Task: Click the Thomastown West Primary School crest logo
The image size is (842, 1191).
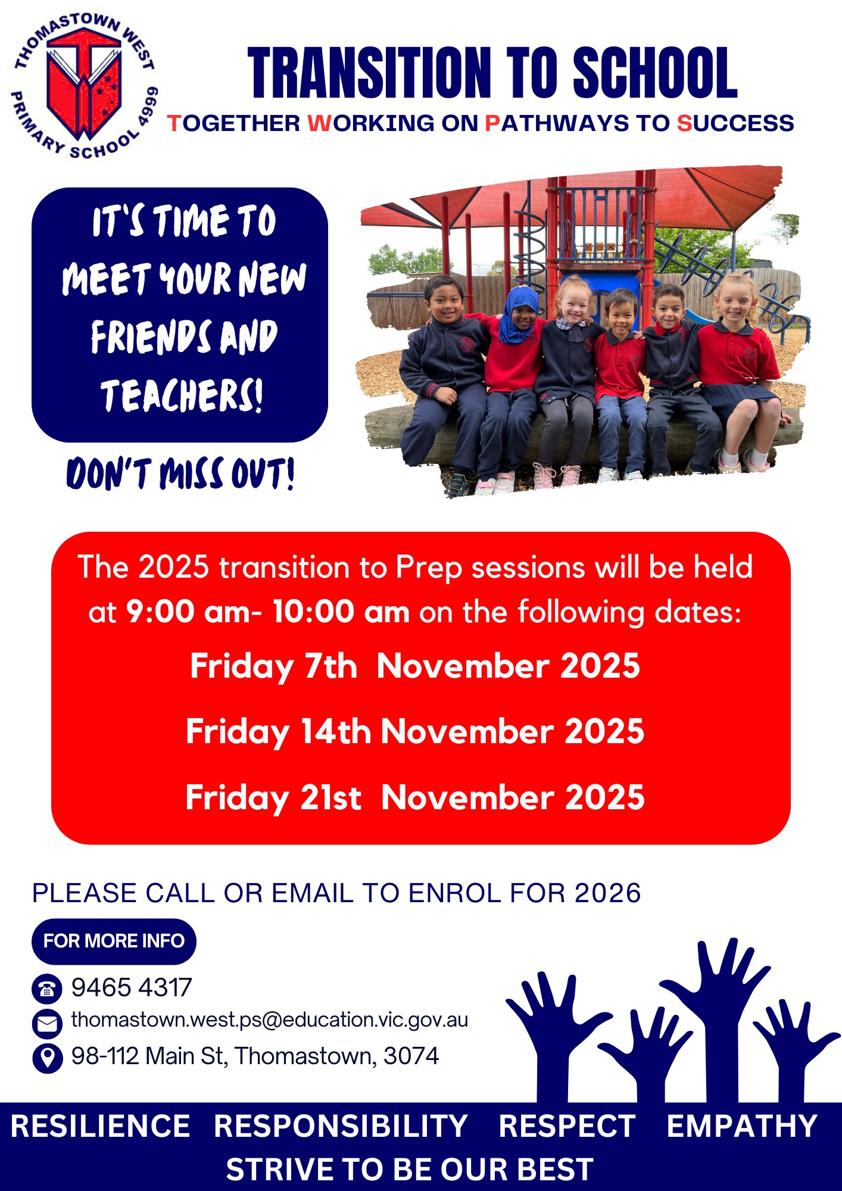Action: [86, 85]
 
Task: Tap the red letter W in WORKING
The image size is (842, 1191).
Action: [319, 123]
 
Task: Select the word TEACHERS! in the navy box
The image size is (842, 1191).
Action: [181, 395]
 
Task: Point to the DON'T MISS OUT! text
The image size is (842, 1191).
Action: [180, 474]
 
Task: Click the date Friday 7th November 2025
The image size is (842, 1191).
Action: [415, 666]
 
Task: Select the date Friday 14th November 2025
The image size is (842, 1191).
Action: [415, 731]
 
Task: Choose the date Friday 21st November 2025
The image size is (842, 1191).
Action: [415, 797]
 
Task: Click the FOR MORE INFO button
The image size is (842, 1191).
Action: [114, 941]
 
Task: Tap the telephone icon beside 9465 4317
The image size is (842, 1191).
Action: [47, 989]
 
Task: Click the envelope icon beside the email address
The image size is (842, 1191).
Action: [47, 1024]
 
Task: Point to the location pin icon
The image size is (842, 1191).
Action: [47, 1058]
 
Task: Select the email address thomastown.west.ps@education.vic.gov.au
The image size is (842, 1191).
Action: [270, 1020]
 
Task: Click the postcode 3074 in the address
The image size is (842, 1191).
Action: [411, 1056]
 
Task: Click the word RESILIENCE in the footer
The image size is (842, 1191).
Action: [100, 1127]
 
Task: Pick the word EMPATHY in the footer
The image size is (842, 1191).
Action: [742, 1127]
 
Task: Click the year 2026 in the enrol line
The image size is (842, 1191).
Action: [608, 893]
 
